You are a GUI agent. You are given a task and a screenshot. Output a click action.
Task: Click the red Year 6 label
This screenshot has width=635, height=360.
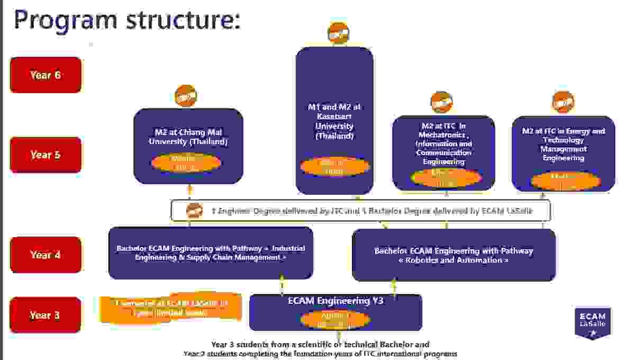[x=46, y=75]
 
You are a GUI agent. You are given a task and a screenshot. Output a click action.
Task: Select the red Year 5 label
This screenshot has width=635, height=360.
[x=46, y=155]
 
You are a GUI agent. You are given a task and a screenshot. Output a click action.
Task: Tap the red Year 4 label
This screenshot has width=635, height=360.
[x=46, y=255]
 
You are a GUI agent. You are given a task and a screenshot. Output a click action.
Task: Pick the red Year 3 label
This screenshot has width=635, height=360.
[x=46, y=315]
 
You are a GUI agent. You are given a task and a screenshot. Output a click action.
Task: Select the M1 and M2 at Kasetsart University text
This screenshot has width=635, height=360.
[x=334, y=122]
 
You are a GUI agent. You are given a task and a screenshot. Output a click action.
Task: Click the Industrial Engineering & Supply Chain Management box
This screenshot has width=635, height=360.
[x=211, y=253]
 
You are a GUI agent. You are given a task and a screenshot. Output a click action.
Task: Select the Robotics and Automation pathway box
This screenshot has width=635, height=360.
[x=453, y=255]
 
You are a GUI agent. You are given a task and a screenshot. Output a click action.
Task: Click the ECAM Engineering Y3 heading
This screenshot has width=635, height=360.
[x=335, y=301]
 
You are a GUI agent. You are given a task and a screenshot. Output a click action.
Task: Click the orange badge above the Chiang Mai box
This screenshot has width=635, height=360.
[x=186, y=96]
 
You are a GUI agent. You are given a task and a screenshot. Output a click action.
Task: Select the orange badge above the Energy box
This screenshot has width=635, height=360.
[x=563, y=102]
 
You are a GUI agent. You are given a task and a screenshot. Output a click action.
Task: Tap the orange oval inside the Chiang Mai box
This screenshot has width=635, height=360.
[x=186, y=163]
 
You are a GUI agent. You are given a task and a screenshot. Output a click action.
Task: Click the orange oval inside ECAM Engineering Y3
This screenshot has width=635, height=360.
[x=335, y=320]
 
